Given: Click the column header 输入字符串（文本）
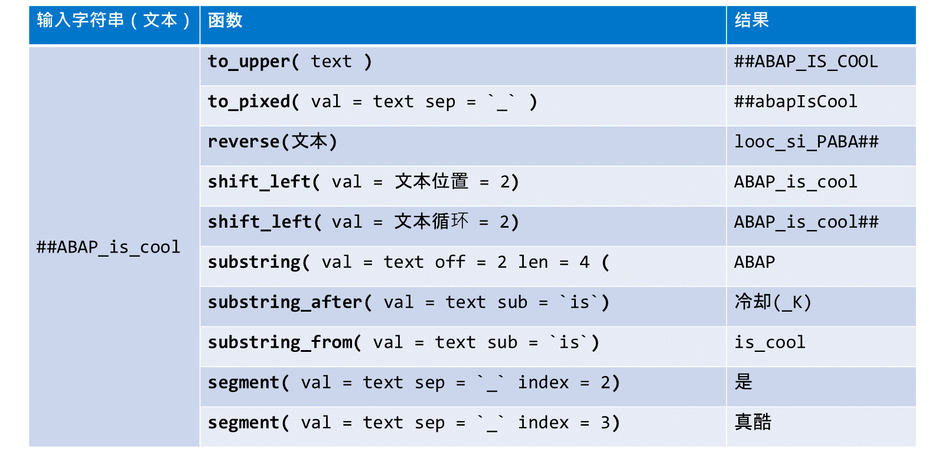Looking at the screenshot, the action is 113,20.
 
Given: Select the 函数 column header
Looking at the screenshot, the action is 225,20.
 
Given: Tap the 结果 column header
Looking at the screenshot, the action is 752,20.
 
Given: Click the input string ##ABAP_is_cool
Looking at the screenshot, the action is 109,247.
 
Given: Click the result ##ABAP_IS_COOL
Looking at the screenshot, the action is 806,62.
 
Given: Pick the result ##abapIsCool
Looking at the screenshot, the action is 796,102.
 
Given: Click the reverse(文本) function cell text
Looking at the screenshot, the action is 272,141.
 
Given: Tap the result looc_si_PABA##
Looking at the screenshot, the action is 806,141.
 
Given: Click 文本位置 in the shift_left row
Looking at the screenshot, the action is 432,182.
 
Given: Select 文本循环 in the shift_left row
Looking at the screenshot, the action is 432,222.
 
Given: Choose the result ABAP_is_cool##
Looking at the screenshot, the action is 806,222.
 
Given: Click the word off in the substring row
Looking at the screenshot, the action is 450,262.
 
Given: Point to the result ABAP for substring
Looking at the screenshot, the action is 755,262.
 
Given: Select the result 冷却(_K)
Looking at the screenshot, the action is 773,302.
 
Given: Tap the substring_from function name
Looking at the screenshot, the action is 280,342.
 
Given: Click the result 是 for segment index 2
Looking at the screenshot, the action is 744,382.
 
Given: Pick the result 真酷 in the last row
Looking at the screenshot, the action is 753,422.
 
